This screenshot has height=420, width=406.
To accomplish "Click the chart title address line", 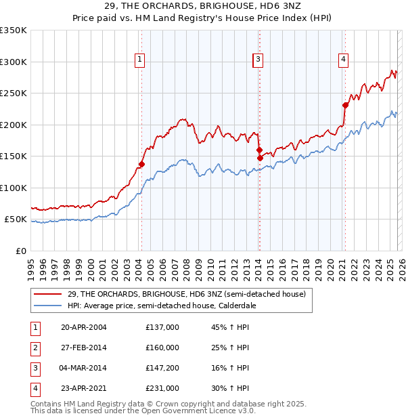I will pos(202,6).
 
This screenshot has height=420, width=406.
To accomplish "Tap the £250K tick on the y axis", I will pos(14,93).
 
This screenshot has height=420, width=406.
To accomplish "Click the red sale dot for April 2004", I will pos(141,164).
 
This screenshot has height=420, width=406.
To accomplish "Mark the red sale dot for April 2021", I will pos(345,105).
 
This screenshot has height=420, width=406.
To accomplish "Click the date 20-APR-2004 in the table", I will pos(83,327).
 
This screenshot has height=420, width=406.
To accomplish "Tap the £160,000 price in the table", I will pos(162,348).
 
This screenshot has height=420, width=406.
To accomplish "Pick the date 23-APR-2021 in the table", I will pos(83,388).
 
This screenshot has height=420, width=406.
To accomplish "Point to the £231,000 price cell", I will pos(162,388).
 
